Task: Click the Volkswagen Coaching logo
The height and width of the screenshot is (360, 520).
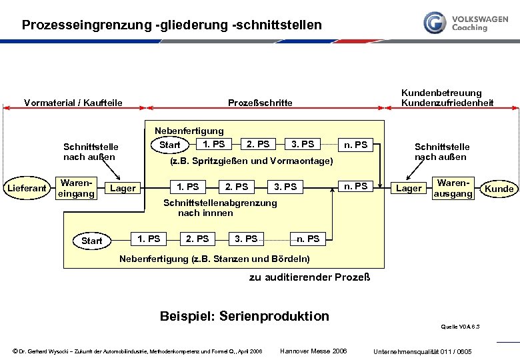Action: pos(465,23)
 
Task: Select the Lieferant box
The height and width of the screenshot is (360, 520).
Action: pos(27,189)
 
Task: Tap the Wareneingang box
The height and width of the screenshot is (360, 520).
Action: pos(77,188)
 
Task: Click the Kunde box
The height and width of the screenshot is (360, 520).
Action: pos(499,189)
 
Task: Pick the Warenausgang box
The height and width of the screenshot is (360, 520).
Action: pos(453,188)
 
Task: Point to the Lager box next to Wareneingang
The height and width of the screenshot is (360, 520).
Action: pos(123,189)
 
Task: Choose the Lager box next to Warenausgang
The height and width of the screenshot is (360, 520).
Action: pos(409,189)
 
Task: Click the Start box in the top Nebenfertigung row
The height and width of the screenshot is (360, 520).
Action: pos(170,145)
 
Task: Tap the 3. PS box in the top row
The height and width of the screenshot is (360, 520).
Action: pos(303,144)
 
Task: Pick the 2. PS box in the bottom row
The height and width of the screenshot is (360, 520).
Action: pos(197,239)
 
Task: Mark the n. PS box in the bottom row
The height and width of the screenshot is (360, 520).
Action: pos(308,239)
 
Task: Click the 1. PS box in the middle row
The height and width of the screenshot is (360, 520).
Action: pos(188,187)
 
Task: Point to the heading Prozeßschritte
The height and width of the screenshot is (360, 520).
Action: pos(260,103)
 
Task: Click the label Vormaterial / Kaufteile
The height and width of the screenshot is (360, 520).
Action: pos(73,103)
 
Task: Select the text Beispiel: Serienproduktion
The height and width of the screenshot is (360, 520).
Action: pos(245,316)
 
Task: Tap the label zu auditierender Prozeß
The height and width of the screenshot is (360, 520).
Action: pos(309,277)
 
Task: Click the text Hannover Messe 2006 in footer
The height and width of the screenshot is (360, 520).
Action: pos(313,351)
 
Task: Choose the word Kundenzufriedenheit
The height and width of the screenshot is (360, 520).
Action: pos(447,103)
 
